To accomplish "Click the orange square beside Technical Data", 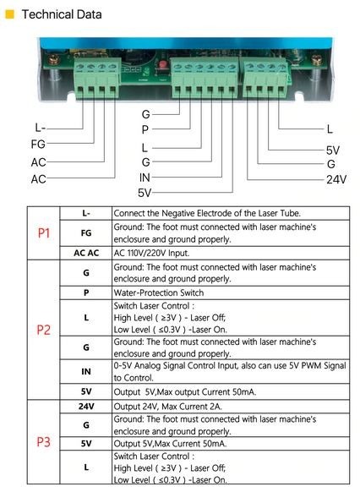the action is pos(10,14).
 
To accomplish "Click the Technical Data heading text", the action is pos(62,14).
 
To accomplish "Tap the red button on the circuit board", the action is pos(162,65).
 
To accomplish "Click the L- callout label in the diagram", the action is pos(41,128).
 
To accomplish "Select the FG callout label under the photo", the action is pos(38,145).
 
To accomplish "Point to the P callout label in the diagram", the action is pos(145,129).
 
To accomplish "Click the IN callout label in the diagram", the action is pos(145,178).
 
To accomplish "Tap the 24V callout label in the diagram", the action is pos(336,179).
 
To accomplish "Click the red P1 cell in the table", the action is pos(44,233).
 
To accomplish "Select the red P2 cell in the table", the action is pos(44,330).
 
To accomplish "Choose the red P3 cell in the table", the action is pos(44,442).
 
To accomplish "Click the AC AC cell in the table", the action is pos(86,253).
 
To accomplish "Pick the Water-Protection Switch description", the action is pos(159,292).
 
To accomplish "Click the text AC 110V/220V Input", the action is pos(151,253).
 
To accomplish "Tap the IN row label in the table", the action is pos(86,371).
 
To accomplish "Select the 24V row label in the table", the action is pos(86,407).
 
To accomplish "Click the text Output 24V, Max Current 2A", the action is pos(168,407).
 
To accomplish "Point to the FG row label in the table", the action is pos(86,232).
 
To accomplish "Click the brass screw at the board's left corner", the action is pos(53,59).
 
